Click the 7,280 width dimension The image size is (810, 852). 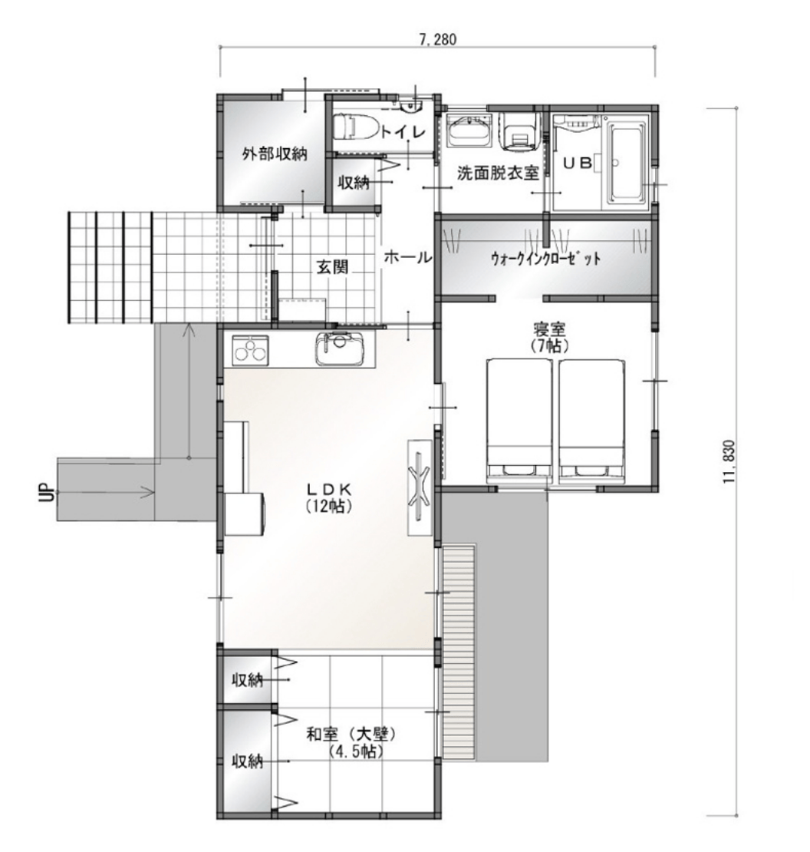[x=437, y=39]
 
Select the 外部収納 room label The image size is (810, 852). [x=274, y=154]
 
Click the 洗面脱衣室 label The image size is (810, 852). [x=497, y=173]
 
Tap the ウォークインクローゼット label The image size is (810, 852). [x=545, y=258]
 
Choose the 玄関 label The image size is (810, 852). [x=332, y=267]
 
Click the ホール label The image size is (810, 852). [x=408, y=257]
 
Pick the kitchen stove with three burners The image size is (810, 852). [x=250, y=350]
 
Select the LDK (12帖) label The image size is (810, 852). [x=329, y=497]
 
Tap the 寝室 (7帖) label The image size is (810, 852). [x=549, y=337]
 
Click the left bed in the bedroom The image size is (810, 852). [x=519, y=420]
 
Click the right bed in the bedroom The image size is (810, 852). [x=591, y=420]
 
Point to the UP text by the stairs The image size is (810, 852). [x=48, y=492]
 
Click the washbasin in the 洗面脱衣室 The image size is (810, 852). [x=468, y=131]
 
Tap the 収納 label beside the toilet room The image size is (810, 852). [x=354, y=183]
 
